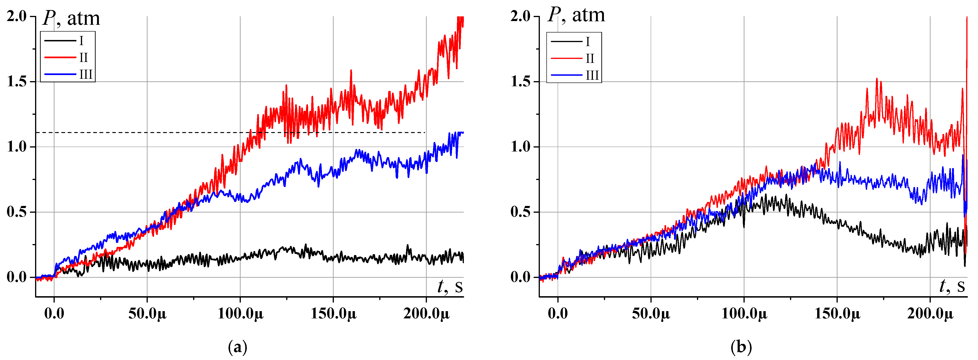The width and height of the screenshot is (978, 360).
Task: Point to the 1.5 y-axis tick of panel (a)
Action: (17, 82)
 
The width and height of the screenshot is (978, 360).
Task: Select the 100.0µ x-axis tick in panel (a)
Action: (240, 314)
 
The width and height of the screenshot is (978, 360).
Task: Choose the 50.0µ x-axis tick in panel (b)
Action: (651, 314)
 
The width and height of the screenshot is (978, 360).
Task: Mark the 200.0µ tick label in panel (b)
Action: (930, 314)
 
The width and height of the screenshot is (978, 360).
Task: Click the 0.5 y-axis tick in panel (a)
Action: (17, 212)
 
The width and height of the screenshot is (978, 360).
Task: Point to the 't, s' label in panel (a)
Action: (450, 286)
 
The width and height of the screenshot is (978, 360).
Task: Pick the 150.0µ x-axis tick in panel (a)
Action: (333, 314)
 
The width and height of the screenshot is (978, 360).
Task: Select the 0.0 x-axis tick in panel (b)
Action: (557, 314)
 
